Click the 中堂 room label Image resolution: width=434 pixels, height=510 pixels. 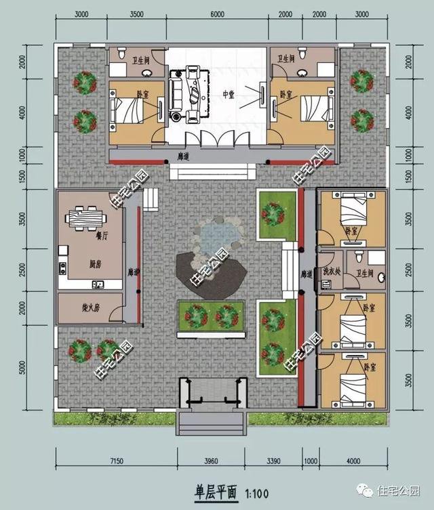[229, 95]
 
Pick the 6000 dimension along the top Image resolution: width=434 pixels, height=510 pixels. [218, 14]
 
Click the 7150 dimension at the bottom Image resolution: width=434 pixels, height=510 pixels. [113, 462]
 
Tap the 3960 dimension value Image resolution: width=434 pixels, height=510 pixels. [212, 462]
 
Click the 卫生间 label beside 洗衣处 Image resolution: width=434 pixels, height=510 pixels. [366, 273]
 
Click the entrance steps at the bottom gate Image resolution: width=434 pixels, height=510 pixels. [212, 423]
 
